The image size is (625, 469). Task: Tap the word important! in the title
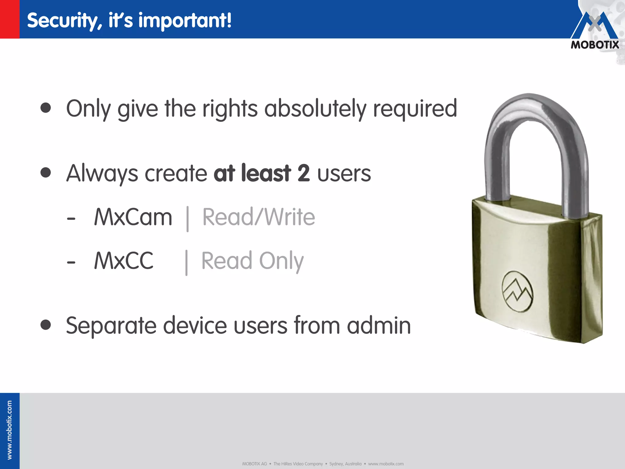[x=185, y=21]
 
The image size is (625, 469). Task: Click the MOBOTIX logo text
[x=595, y=45]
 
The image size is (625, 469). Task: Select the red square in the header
[x=9, y=19]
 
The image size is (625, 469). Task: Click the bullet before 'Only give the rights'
[x=46, y=108]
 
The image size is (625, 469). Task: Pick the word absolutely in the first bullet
[x=315, y=109]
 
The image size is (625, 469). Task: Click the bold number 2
[x=304, y=173]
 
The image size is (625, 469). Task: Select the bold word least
[x=266, y=173]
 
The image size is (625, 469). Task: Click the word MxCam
[x=133, y=217]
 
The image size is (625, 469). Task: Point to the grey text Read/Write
[x=258, y=217]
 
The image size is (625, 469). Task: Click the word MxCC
[x=124, y=261]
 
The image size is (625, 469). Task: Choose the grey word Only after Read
[x=281, y=261]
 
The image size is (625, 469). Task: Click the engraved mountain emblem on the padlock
[x=517, y=292]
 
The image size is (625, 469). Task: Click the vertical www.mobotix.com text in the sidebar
[x=9, y=430]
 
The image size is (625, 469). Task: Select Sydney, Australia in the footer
[x=345, y=464]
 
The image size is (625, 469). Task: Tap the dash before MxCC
[x=71, y=262]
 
